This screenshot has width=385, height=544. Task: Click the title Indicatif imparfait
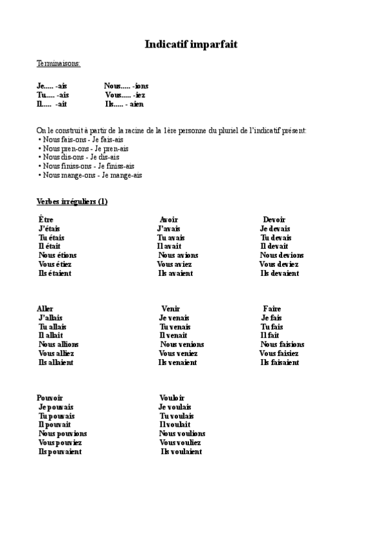(x=192, y=44)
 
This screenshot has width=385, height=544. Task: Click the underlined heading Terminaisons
(x=58, y=64)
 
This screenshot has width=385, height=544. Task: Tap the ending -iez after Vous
(x=139, y=94)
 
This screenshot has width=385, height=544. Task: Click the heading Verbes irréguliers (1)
(x=72, y=201)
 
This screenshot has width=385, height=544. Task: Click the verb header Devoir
(x=274, y=219)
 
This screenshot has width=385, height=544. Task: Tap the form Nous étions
(x=57, y=255)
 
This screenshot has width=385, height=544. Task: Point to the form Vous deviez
(x=279, y=264)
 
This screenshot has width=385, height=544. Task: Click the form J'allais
(x=51, y=318)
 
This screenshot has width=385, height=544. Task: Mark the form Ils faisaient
(x=280, y=362)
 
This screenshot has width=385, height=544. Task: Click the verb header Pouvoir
(x=49, y=398)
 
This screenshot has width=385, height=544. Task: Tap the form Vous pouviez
(x=60, y=443)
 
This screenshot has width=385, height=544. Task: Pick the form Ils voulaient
(x=181, y=452)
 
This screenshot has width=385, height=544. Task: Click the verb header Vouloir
(x=172, y=398)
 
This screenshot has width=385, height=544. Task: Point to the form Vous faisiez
(x=280, y=353)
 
